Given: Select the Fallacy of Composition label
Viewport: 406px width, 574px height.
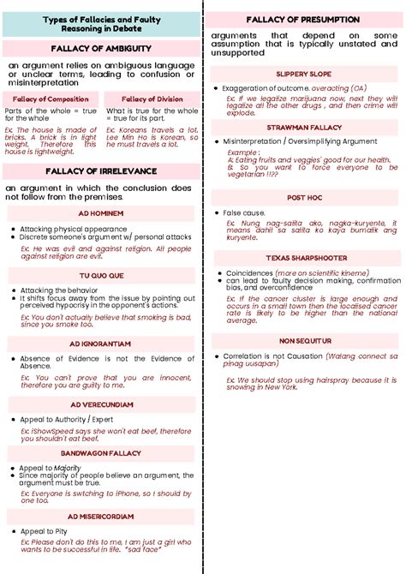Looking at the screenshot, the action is (x=51, y=99).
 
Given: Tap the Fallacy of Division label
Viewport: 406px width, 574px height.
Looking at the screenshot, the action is (x=152, y=99).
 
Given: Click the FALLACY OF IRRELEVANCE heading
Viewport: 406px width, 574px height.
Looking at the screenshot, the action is (x=101, y=170).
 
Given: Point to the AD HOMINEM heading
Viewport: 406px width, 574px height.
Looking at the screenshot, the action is (x=100, y=212).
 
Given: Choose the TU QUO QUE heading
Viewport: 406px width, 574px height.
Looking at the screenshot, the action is (x=101, y=276).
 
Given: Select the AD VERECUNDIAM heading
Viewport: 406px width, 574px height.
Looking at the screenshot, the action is (x=101, y=404).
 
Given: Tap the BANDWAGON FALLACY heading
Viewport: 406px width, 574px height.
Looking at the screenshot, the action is (x=100, y=452).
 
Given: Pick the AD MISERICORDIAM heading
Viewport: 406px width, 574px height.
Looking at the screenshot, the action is (x=101, y=517).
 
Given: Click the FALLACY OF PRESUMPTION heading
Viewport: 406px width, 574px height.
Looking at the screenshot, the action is (x=304, y=19).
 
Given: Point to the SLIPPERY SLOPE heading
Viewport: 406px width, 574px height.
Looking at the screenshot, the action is (x=304, y=75).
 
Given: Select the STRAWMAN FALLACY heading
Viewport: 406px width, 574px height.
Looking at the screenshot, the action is (x=304, y=127).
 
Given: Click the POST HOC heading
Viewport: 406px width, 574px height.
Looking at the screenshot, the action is (x=304, y=197).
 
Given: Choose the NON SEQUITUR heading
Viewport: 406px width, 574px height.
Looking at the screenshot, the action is (x=304, y=340).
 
